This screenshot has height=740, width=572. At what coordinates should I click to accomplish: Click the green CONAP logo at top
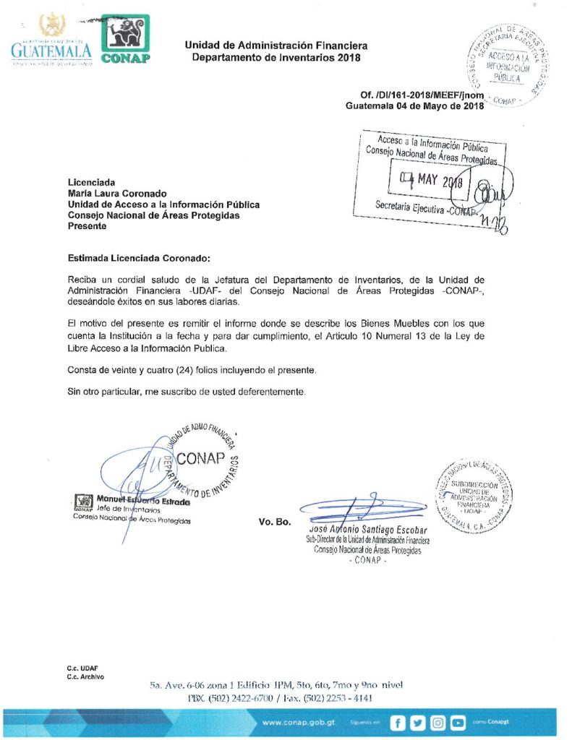pyautogui.click(x=126, y=39)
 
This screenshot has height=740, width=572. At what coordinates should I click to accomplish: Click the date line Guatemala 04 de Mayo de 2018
pyautogui.click(x=414, y=106)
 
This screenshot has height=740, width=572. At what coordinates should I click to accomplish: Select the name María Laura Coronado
pyautogui.click(x=117, y=194)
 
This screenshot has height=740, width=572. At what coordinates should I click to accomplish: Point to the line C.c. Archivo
pyautogui.click(x=85, y=677)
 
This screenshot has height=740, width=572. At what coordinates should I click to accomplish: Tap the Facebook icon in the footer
pyautogui.click(x=397, y=722)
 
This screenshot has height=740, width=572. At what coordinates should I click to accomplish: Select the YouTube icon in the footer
pyautogui.click(x=458, y=722)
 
